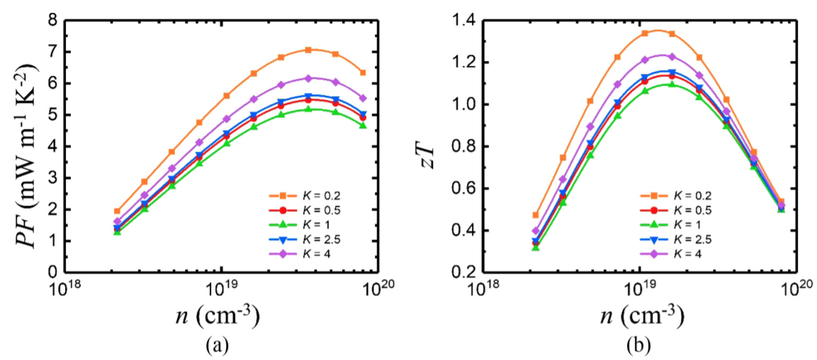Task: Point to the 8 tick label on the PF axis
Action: click(52, 21)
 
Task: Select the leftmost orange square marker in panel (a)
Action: click(118, 211)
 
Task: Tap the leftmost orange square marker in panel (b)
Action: click(536, 215)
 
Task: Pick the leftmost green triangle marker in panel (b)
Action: click(536, 247)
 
